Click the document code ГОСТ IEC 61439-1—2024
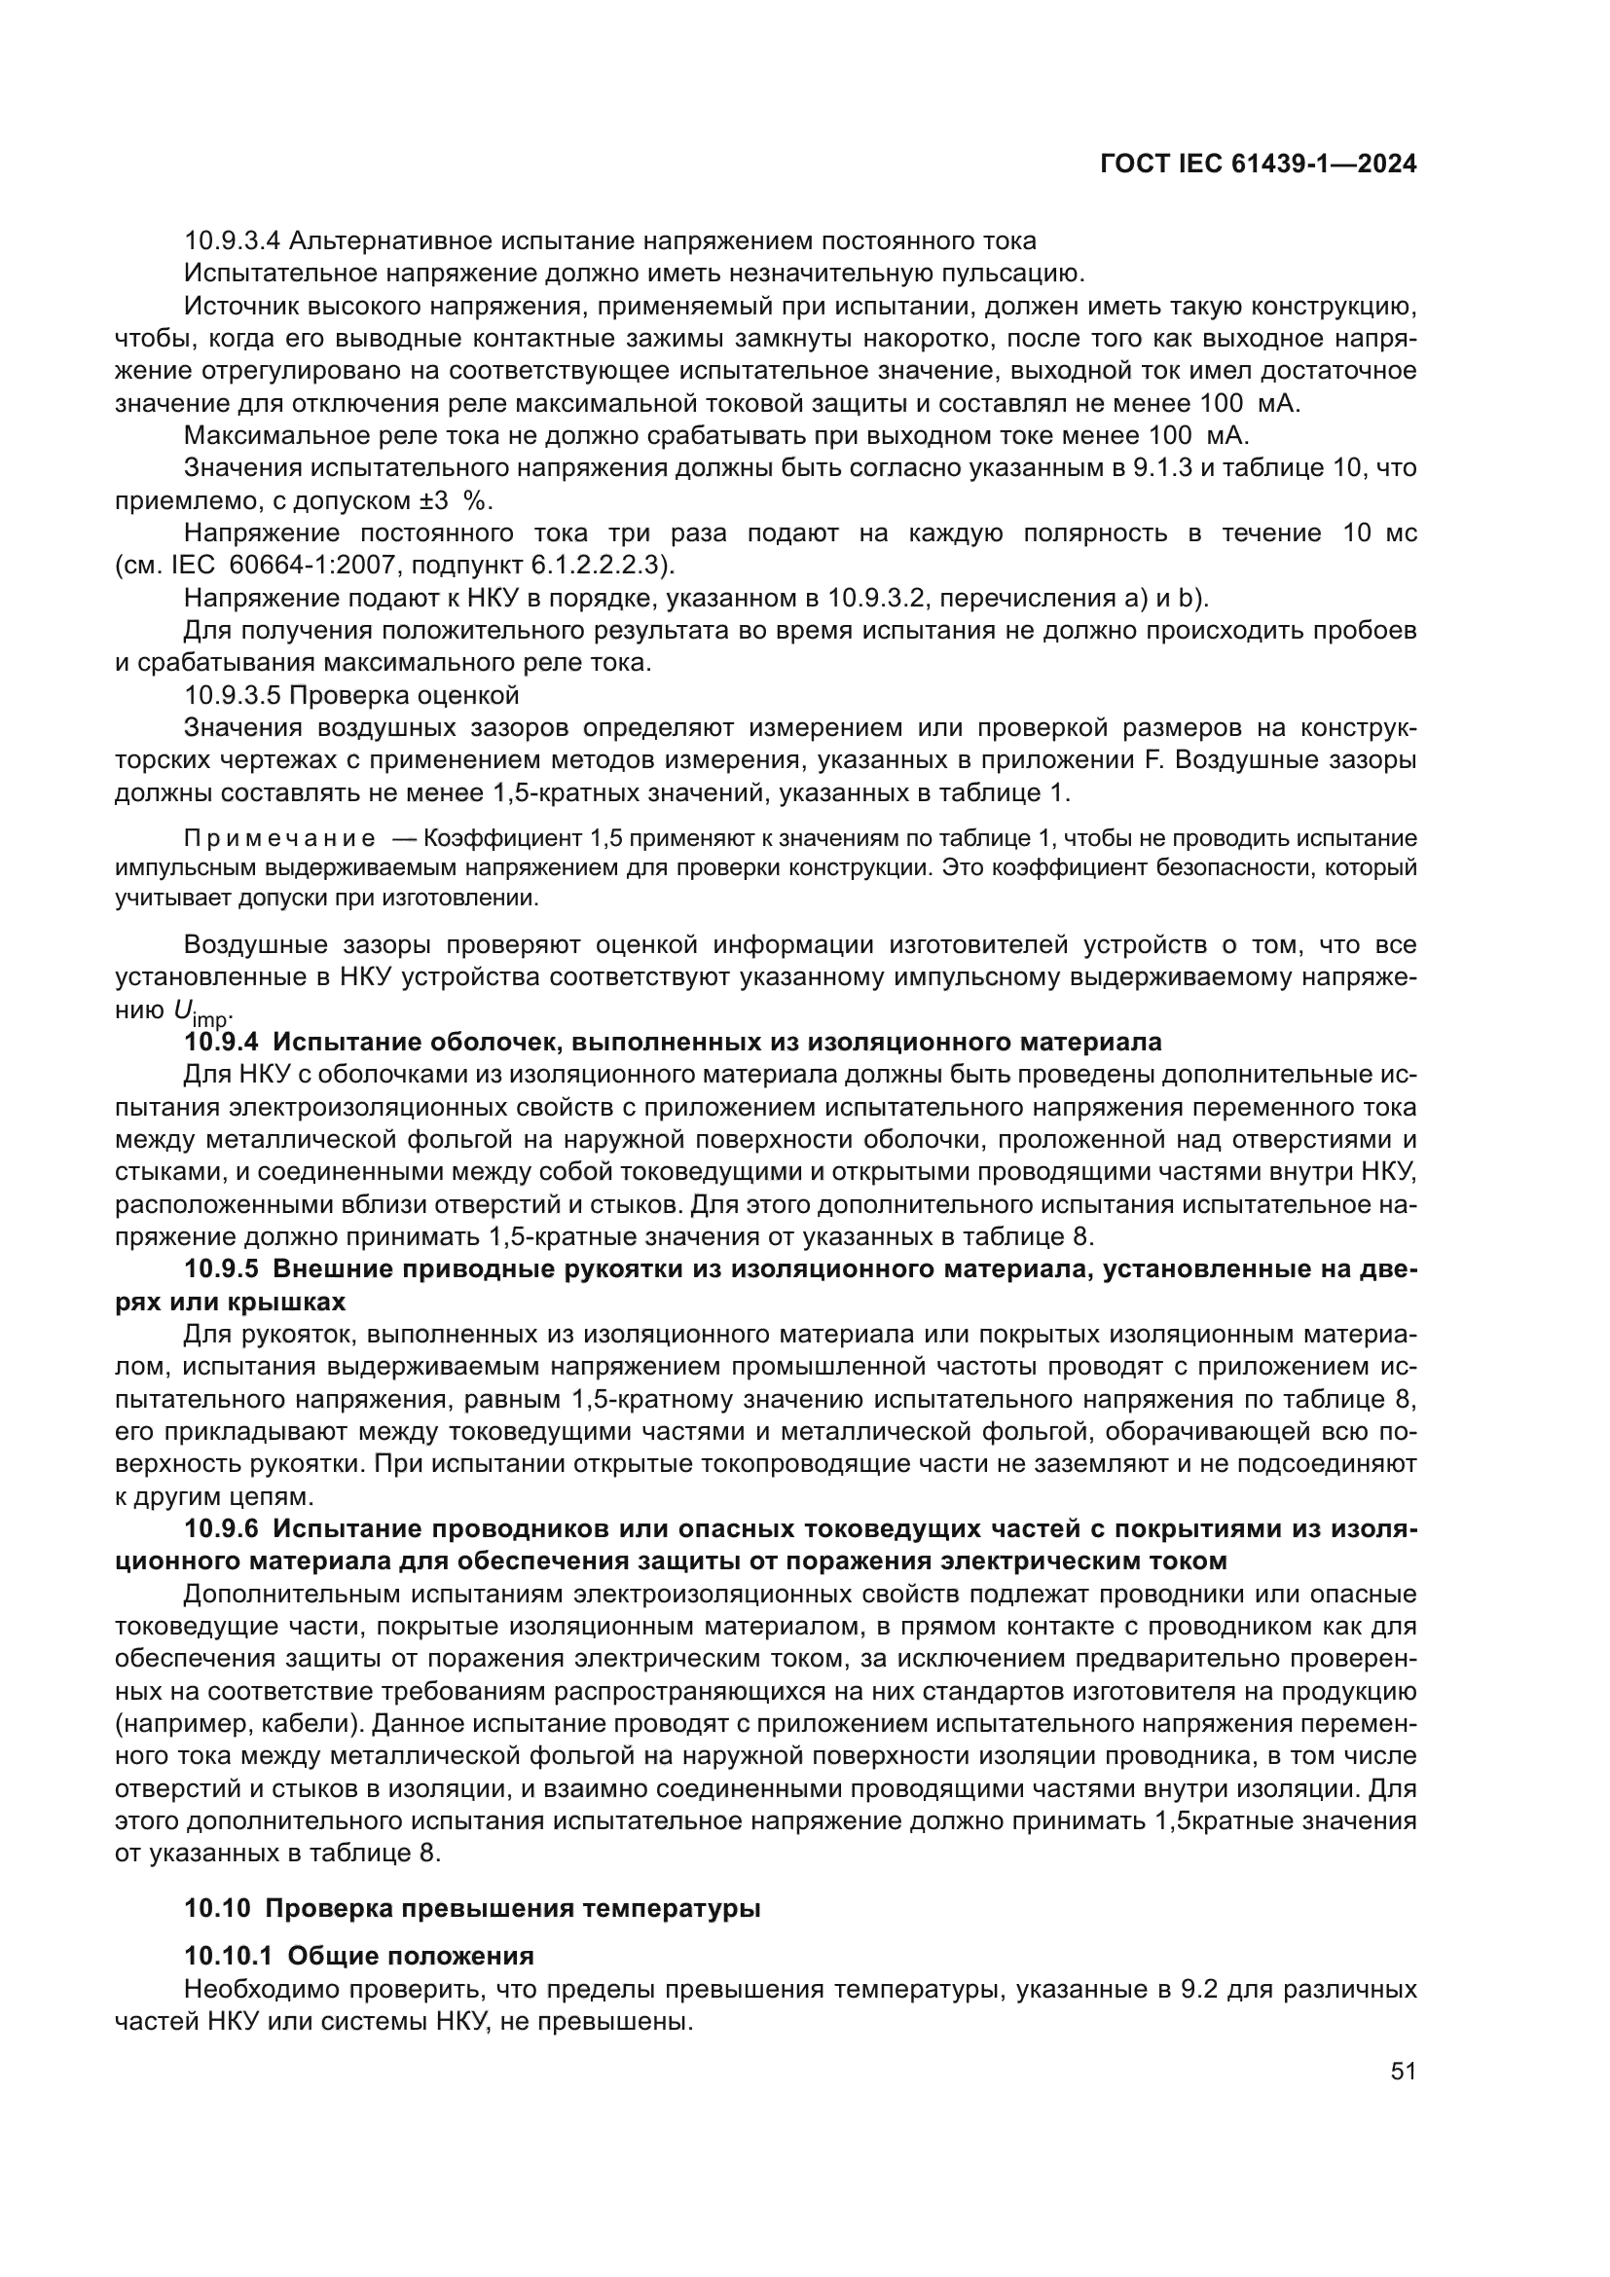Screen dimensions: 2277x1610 tap(1257, 165)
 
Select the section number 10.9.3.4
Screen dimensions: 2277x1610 tap(234, 241)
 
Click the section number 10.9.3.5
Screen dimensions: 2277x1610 tap(234, 695)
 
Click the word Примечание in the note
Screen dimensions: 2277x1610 tap(280, 839)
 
